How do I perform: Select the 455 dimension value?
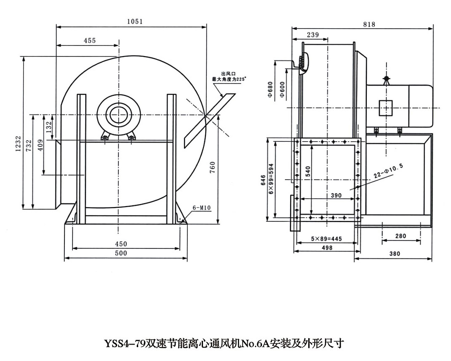tap(90, 40)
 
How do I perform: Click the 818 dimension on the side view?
tap(369, 24)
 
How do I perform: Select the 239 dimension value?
tap(312, 35)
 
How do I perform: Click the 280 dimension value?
tap(401, 236)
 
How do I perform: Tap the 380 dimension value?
tap(395, 254)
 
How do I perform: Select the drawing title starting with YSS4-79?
tap(224, 343)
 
